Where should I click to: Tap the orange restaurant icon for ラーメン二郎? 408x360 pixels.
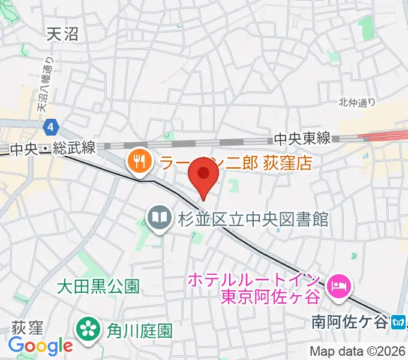pyautogui.click(x=139, y=161)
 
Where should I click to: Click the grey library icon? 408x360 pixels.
pyautogui.click(x=159, y=217)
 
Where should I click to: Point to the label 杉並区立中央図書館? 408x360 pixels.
pyautogui.click(x=252, y=218)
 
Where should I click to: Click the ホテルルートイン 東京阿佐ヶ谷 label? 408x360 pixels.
pyautogui.click(x=254, y=289)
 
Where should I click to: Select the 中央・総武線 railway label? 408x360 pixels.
pyautogui.click(x=54, y=148)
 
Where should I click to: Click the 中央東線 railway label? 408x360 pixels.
pyautogui.click(x=302, y=139)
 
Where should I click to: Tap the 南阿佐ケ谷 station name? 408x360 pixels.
pyautogui.click(x=350, y=322)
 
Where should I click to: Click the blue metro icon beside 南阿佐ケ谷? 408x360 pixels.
pyautogui.click(x=398, y=323)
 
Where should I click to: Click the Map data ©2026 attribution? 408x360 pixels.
pyautogui.click(x=358, y=351)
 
